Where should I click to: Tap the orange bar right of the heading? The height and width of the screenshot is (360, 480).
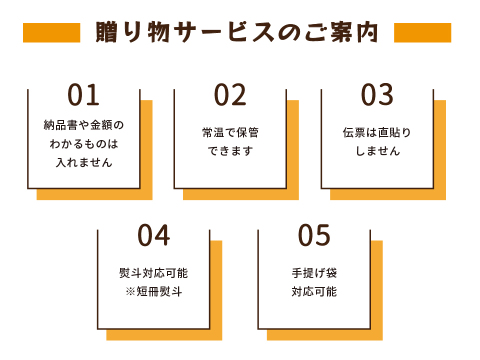point(422,32)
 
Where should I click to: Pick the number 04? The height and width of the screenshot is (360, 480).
point(154,236)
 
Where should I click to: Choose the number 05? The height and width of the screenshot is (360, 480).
point(314,236)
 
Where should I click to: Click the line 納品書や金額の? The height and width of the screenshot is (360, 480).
point(84,126)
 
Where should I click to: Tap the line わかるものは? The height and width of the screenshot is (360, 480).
point(84,143)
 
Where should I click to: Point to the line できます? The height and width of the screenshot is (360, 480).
point(230,151)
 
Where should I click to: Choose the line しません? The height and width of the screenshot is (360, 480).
point(377,151)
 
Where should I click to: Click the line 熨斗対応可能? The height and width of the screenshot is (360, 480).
point(154,272)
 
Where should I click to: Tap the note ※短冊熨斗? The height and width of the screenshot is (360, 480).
point(154,291)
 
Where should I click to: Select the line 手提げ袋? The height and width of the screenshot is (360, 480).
point(314,272)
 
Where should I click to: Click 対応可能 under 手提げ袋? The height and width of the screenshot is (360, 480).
point(314,291)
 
